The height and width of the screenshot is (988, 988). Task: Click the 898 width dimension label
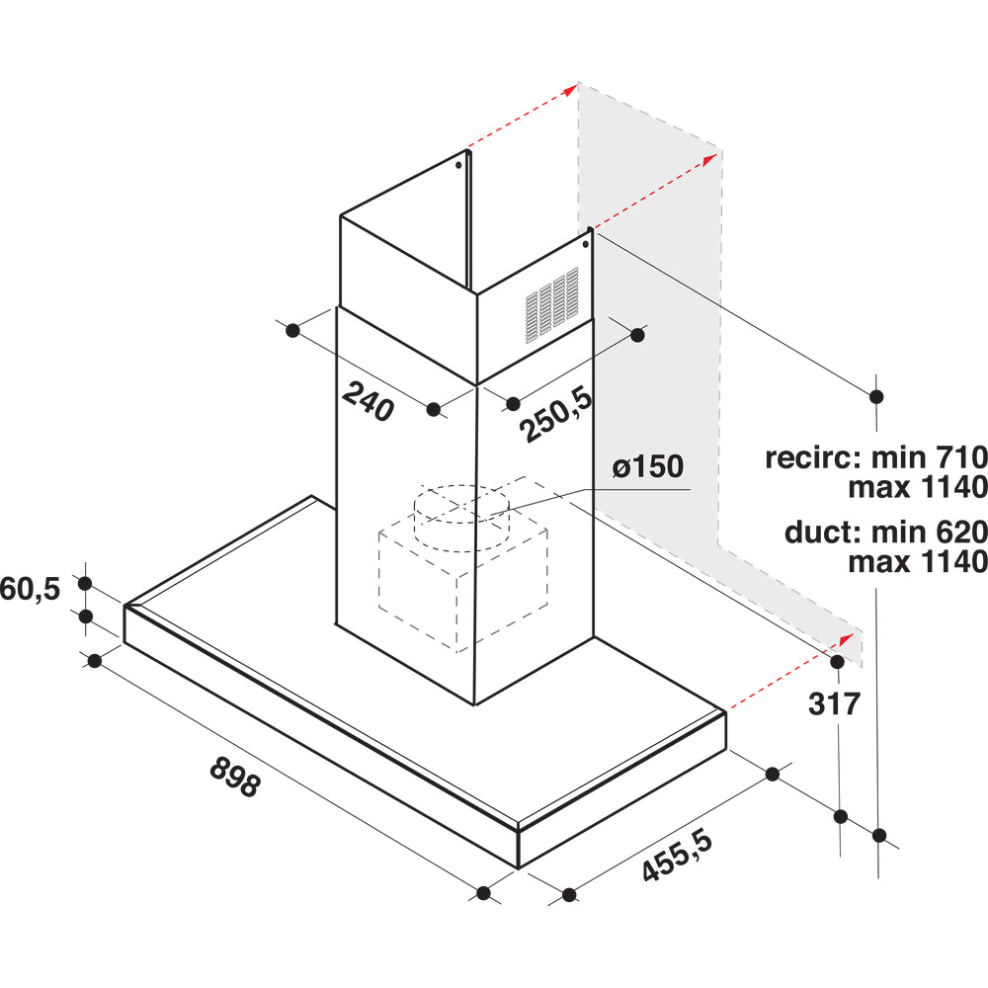pyautogui.click(x=234, y=777)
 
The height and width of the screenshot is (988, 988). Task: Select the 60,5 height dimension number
pyautogui.click(x=30, y=589)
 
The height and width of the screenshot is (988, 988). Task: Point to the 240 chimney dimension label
pyautogui.click(x=369, y=401)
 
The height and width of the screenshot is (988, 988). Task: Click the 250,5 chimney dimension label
pyautogui.click(x=556, y=415)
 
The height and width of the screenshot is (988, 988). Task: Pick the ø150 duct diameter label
pyautogui.click(x=648, y=467)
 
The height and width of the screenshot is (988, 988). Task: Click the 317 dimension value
pyautogui.click(x=834, y=703)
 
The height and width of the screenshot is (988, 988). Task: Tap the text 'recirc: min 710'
pyautogui.click(x=875, y=456)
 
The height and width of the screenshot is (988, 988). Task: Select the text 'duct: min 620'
pyautogui.click(x=885, y=533)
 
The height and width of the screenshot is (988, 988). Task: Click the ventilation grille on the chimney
pyautogui.click(x=552, y=305)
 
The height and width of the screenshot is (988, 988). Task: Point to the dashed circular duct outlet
pyautogui.click(x=461, y=518)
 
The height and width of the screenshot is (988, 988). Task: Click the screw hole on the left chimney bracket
pyautogui.click(x=458, y=166)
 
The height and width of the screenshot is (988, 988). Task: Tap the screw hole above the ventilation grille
pyautogui.click(x=585, y=244)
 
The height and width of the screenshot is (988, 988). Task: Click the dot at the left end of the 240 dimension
pyautogui.click(x=293, y=330)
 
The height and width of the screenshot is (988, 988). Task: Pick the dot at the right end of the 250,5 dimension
pyautogui.click(x=637, y=335)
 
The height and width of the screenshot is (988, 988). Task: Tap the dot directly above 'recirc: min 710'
pyautogui.click(x=875, y=396)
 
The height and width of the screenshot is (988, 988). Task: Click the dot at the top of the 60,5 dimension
pyautogui.click(x=85, y=584)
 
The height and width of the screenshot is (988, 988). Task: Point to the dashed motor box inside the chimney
pyautogui.click(x=463, y=583)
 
